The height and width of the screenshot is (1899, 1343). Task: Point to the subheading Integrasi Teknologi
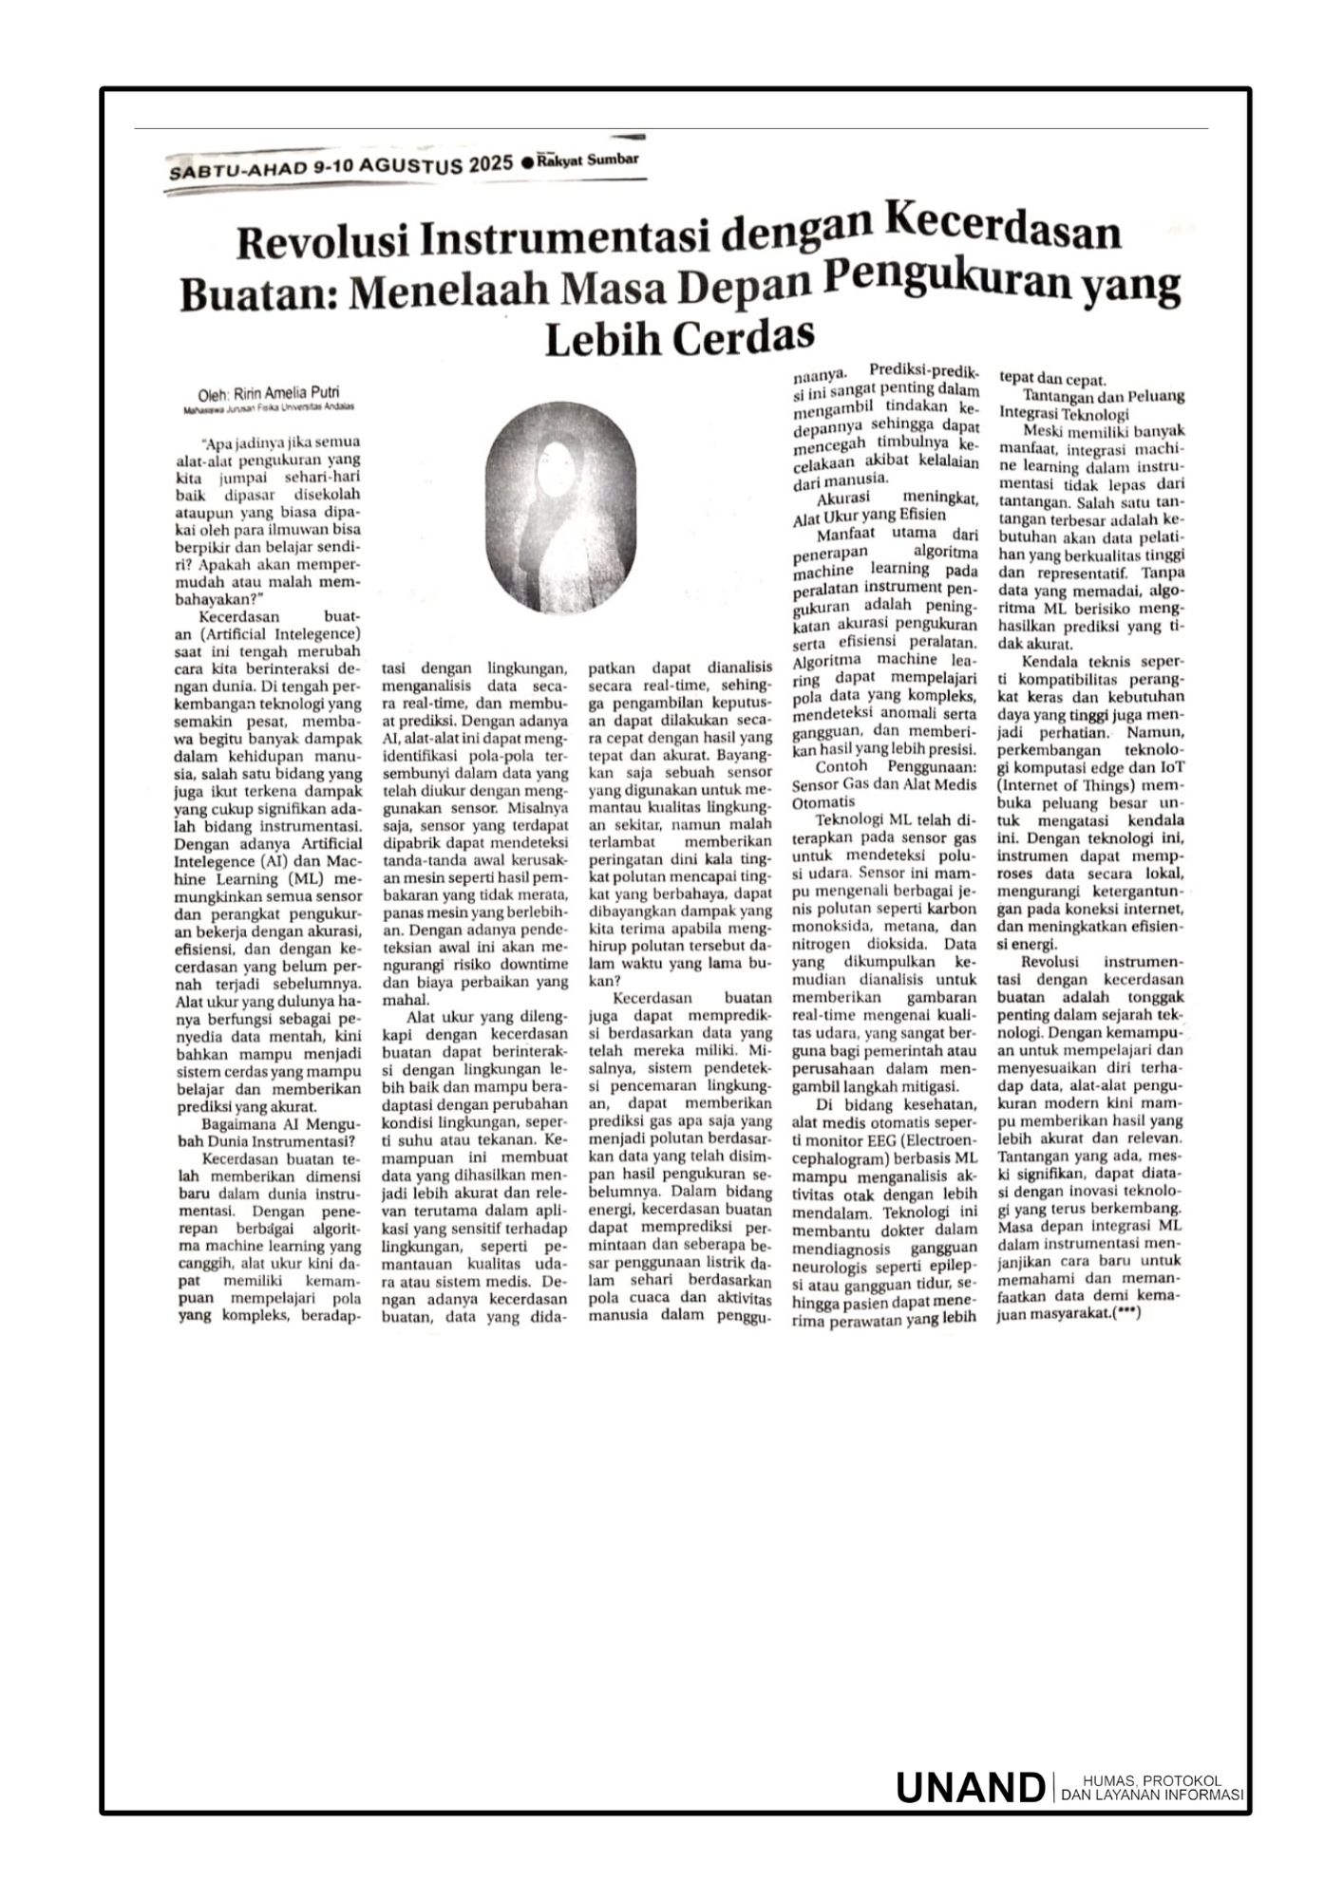[1064, 414]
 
